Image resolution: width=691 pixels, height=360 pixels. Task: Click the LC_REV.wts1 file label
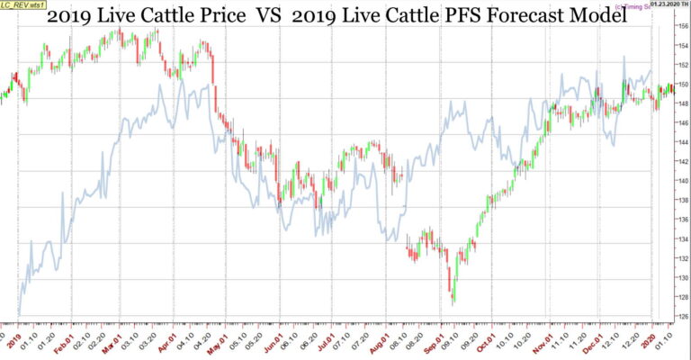tap(22, 4)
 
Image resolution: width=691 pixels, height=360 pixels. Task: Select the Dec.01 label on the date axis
tap(598, 342)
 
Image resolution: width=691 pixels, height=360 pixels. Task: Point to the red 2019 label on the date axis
tap(13, 342)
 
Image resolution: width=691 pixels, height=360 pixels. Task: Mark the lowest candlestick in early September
tap(453, 297)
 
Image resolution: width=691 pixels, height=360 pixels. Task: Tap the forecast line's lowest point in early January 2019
tap(18, 313)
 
